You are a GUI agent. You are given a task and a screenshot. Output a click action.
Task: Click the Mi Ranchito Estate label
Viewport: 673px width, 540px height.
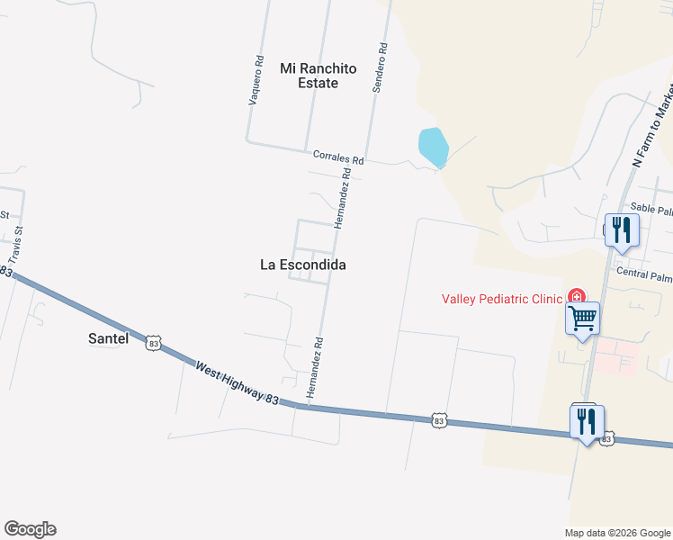[x=319, y=76]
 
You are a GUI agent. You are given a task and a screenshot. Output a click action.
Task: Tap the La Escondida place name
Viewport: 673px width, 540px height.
[x=302, y=265]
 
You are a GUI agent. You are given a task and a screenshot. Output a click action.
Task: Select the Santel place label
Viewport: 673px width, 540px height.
[x=109, y=339]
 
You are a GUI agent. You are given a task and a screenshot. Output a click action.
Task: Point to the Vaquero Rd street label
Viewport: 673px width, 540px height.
[x=257, y=82]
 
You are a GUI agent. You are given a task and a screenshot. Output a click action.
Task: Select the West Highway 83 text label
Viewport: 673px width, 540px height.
[x=236, y=382]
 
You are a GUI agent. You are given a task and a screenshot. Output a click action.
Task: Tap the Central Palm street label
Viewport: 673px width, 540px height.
[x=644, y=272]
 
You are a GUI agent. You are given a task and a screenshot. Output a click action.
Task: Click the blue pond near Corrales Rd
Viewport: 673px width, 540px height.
[x=433, y=146]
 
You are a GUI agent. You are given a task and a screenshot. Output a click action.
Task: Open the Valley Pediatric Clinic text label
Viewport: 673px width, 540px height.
[x=502, y=299]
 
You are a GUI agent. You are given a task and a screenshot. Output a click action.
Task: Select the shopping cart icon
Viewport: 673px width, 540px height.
[x=582, y=317]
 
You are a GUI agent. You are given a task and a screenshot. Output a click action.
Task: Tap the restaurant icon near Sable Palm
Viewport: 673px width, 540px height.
[x=620, y=229]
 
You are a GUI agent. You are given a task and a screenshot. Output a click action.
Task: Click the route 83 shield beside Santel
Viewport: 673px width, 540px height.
[x=155, y=343]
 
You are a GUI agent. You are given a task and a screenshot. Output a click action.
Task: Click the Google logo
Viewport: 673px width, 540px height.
[x=30, y=529]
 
